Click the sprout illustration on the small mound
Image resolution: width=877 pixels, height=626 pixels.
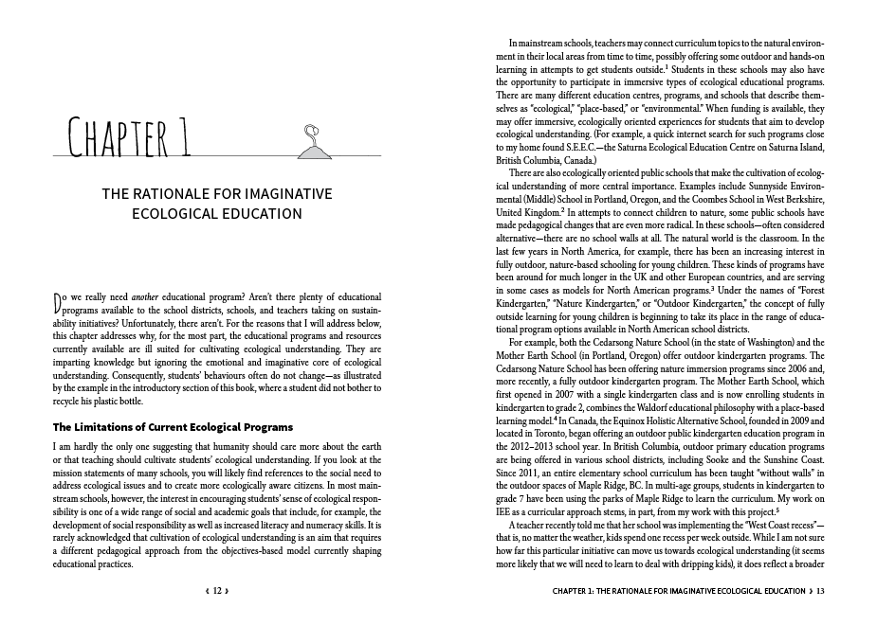(x=309, y=142)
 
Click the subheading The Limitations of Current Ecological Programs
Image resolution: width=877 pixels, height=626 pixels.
(x=173, y=427)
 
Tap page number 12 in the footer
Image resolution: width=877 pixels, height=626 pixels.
(x=217, y=591)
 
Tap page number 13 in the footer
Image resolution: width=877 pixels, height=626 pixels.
(x=820, y=591)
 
